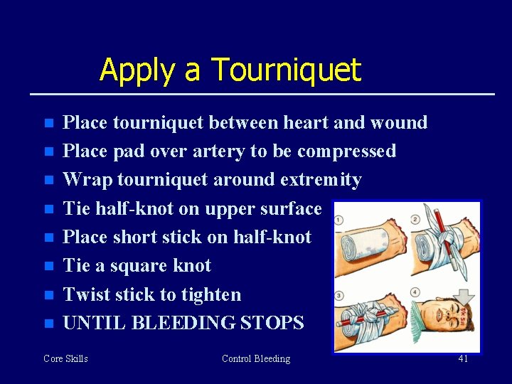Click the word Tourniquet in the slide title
(287, 70)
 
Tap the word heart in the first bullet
(306, 122)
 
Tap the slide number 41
(463, 358)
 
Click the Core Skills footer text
(65, 358)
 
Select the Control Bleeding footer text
(256, 358)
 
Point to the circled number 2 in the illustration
(415, 220)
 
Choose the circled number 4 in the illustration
(415, 292)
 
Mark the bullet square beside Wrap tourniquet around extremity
(48, 181)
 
